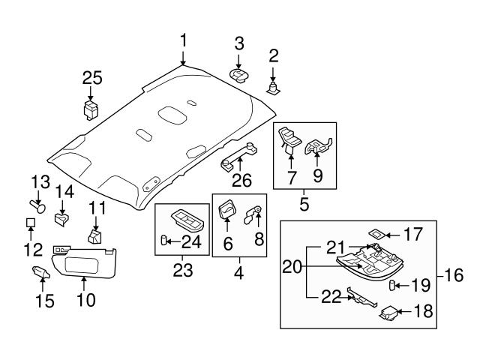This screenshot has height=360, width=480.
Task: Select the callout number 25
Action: tap(92, 78)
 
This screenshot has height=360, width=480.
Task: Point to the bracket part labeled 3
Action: tap(240, 73)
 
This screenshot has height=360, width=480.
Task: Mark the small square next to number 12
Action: tap(30, 223)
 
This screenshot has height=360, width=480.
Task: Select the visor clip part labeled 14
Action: tap(63, 218)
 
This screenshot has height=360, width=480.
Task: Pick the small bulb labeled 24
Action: tap(163, 241)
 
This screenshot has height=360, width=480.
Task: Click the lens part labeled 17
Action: tap(377, 233)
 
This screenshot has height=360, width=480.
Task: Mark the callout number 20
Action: tap(293, 266)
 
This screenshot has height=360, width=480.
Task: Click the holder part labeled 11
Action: tap(94, 238)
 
